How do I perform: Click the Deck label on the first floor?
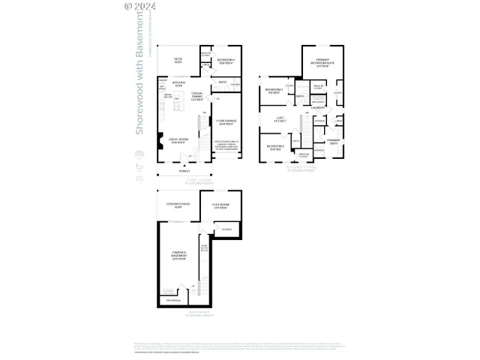tap(178, 60)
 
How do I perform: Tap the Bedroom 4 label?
tap(226, 60)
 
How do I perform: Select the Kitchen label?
tap(178, 84)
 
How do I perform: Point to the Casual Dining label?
tap(197, 96)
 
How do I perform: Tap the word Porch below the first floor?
tap(184, 171)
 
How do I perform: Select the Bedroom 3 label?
tap(273, 91)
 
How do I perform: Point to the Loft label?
tap(280, 118)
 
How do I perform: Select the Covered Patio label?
tap(178, 205)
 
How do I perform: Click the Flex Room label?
tap(220, 205)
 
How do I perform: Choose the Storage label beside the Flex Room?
tap(226, 229)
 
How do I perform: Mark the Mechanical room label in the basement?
tap(172, 299)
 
